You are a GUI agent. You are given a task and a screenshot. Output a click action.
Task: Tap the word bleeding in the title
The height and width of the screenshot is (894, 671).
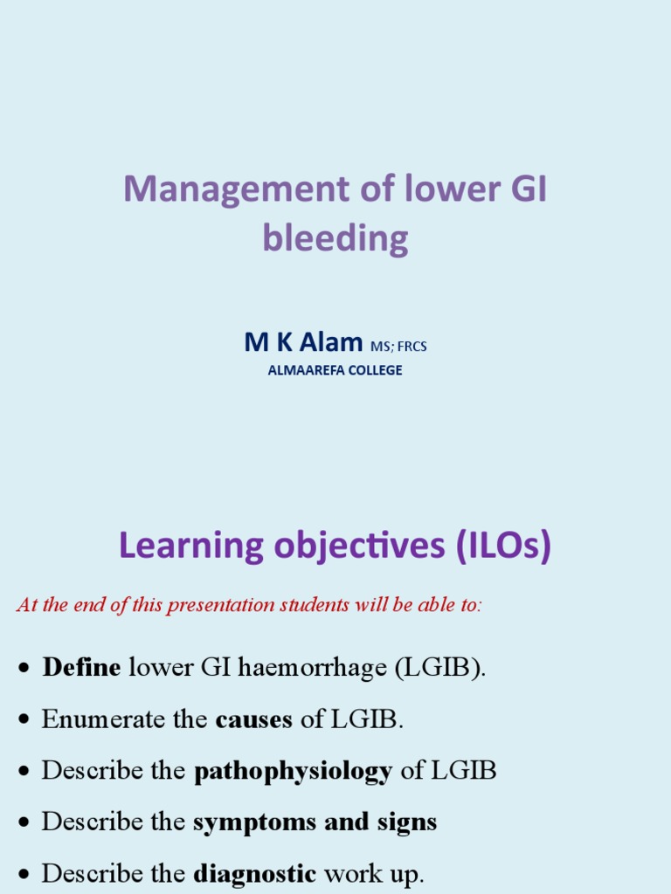tap(335, 237)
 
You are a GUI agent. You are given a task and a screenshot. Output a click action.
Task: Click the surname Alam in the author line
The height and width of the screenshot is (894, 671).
tap(330, 343)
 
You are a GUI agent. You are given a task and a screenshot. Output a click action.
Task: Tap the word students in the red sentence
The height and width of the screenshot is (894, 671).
tap(313, 605)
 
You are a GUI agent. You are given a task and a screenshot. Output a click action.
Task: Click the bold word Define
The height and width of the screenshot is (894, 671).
tap(81, 668)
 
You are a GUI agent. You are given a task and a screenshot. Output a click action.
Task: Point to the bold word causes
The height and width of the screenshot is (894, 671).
tap(253, 719)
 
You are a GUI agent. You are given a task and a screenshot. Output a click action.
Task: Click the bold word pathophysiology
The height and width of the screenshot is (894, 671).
tap(293, 771)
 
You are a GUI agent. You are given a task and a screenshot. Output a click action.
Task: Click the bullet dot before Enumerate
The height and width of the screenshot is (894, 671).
tap(24, 720)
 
